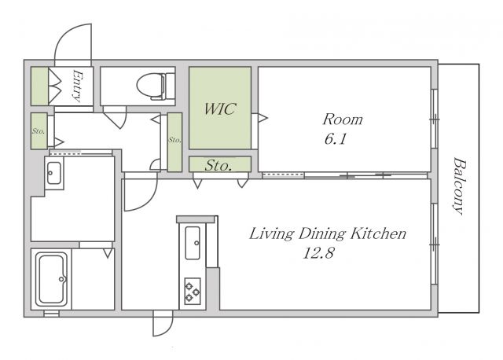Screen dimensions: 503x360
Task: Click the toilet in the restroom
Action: point(156,86)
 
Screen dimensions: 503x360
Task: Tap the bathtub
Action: point(51,279)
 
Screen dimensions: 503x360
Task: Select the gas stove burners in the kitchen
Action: point(193,292)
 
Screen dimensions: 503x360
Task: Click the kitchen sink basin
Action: point(193,243)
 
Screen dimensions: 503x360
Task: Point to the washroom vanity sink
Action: point(54,173)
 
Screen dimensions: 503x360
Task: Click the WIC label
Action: point(220,109)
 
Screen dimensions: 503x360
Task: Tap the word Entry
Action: point(77,86)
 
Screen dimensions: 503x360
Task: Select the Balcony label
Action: point(459,186)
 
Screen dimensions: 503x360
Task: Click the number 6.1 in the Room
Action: point(336,139)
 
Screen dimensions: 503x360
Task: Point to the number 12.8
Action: point(318,253)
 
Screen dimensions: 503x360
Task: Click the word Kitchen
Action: point(378,233)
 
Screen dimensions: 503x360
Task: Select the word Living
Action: point(271,234)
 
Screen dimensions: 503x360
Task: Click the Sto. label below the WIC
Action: point(218,165)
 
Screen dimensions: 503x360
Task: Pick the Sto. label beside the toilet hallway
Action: point(174,140)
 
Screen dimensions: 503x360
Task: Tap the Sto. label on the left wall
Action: point(39,131)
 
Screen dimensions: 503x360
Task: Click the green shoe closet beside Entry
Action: point(39,86)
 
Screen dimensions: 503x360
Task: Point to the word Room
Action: point(343,119)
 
